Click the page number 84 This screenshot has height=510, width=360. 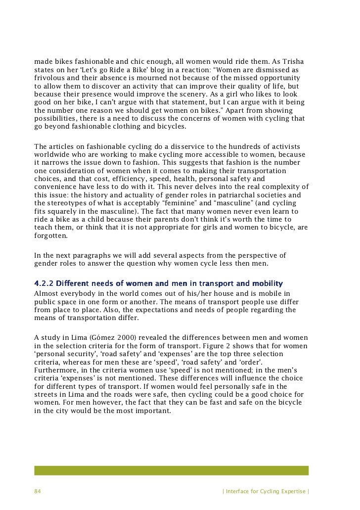coord(37,491)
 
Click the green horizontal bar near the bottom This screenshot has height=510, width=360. coord(171,470)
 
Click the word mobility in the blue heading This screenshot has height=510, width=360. coord(267,283)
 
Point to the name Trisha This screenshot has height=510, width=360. coord(293,62)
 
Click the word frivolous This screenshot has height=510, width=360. coord(49,79)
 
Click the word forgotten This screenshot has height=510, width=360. coord(51,235)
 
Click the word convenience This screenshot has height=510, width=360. coord(55,187)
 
